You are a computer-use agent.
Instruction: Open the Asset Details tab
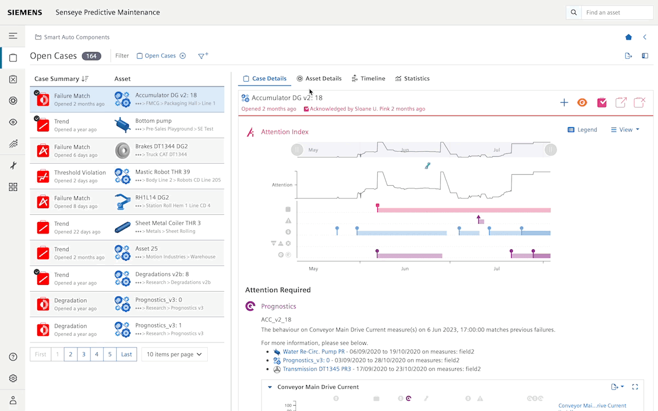[319, 78]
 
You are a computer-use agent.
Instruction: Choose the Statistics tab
[412, 78]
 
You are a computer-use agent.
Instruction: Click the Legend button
[582, 130]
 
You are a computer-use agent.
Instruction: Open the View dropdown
[625, 130]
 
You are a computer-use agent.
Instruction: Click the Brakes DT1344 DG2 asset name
[161, 147]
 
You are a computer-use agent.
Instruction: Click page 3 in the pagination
[84, 355]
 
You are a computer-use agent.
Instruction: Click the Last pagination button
[126, 355]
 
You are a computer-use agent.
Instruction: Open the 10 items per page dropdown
[174, 355]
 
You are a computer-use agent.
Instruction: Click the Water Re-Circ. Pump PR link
[314, 351]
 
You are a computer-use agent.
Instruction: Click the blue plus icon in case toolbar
[564, 102]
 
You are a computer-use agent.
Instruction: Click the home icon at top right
[628, 37]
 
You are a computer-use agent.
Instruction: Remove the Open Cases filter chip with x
[183, 56]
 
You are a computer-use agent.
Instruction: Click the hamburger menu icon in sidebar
[13, 36]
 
